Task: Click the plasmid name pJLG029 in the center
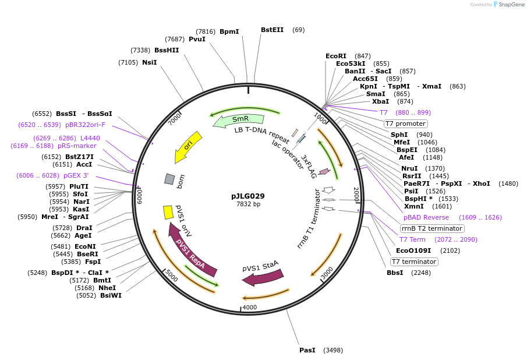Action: click(247, 196)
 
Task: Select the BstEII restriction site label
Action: click(272, 30)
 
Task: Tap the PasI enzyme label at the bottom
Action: click(307, 350)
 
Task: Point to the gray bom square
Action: click(169, 179)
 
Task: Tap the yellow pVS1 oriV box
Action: click(168, 212)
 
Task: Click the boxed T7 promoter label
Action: click(405, 123)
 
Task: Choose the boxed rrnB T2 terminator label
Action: click(431, 228)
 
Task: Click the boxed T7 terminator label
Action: click(414, 262)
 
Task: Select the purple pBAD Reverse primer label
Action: click(426, 217)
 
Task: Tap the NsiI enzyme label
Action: click(149, 62)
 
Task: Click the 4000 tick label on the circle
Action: click(249, 307)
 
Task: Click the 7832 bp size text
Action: click(248, 204)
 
